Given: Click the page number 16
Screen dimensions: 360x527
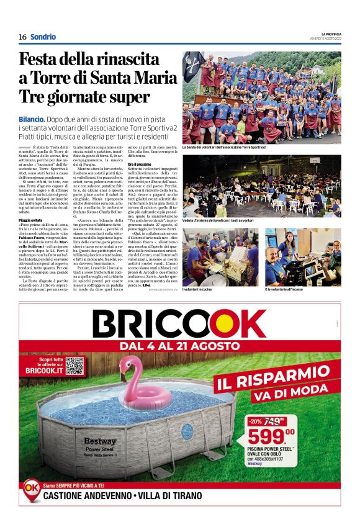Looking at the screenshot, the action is pyautogui.click(x=22, y=37).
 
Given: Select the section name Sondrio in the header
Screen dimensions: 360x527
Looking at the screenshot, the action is pyautogui.click(x=43, y=37).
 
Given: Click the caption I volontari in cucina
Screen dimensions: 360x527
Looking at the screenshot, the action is pyautogui.click(x=199, y=289).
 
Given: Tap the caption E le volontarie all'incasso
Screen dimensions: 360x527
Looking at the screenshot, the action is pyautogui.click(x=293, y=289).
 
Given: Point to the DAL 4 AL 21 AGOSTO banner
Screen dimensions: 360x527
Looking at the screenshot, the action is pyautogui.click(x=179, y=345).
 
